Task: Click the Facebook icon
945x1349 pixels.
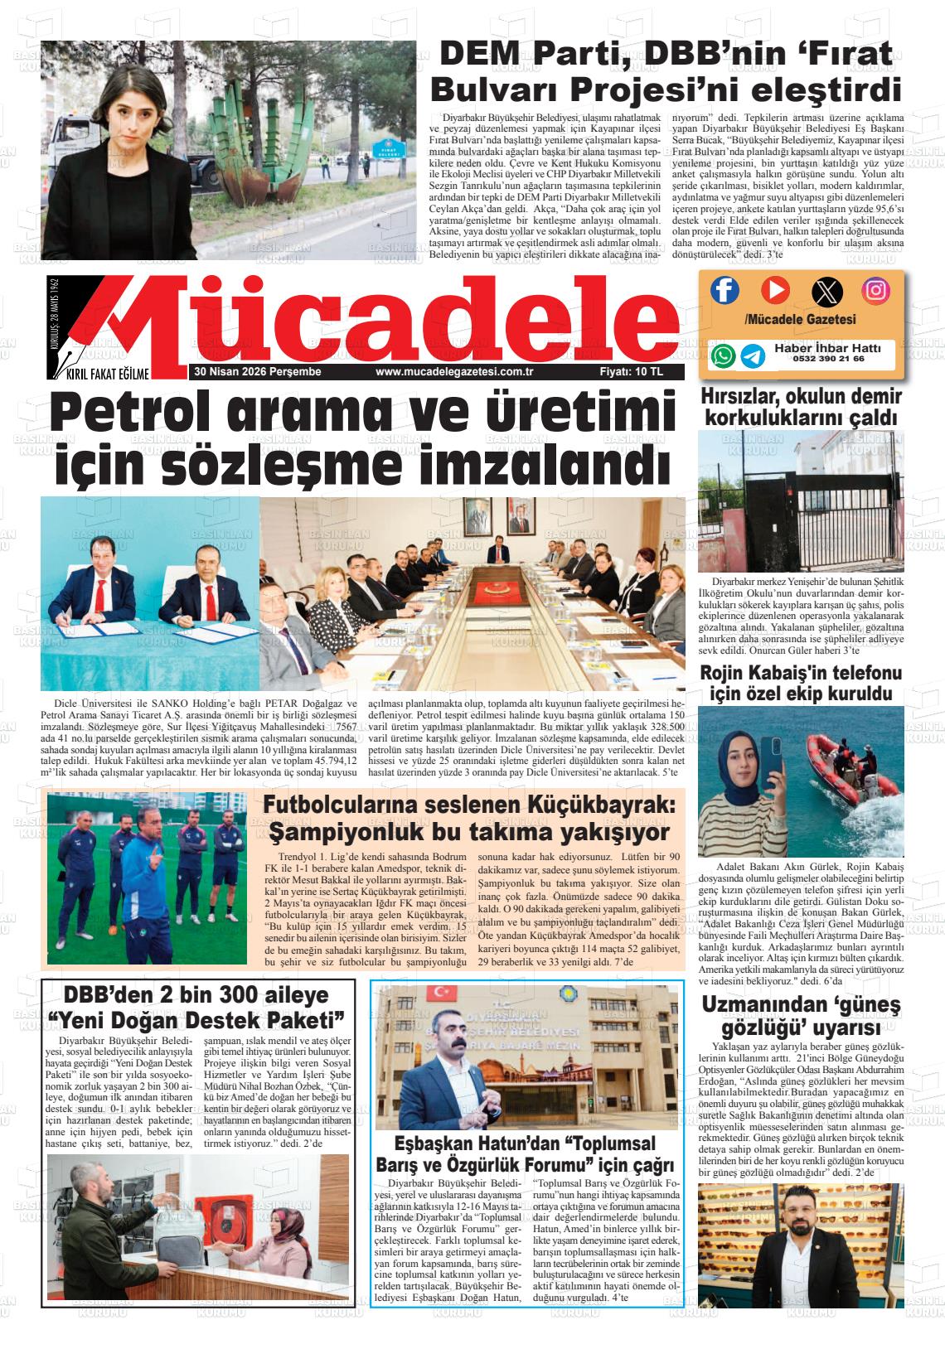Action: coord(725,289)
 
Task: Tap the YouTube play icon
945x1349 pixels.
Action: coord(776,289)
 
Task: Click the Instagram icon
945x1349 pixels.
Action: coord(875,289)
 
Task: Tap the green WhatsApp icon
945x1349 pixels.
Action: coord(723,355)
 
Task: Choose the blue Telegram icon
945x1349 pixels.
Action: coord(753,355)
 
